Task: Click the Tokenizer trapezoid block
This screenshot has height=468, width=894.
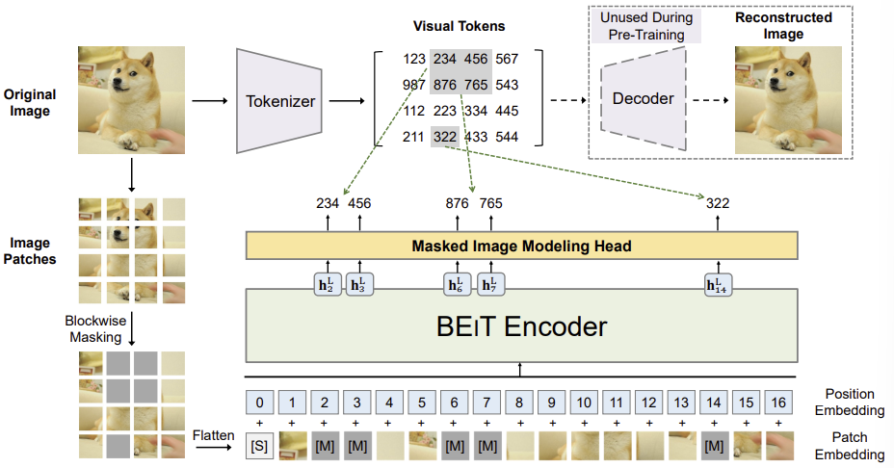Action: pyautogui.click(x=279, y=101)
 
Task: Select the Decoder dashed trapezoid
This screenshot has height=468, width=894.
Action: pyautogui.click(x=644, y=99)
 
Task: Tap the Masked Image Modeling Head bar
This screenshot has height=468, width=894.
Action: pyautogui.click(x=521, y=246)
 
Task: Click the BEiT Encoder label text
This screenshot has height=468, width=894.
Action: pyautogui.click(x=521, y=326)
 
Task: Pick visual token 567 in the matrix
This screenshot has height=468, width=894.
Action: pyautogui.click(x=507, y=59)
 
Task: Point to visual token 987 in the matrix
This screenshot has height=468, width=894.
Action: pyautogui.click(x=414, y=85)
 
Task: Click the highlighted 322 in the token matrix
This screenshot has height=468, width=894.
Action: pyautogui.click(x=445, y=137)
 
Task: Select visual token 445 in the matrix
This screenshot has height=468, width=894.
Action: pyautogui.click(x=507, y=111)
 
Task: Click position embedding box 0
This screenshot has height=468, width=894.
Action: pyautogui.click(x=259, y=403)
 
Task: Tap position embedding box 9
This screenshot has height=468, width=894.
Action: pyautogui.click(x=551, y=403)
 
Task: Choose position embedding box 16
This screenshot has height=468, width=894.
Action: pyautogui.click(x=778, y=403)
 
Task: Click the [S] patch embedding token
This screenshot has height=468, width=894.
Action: pyautogui.click(x=259, y=446)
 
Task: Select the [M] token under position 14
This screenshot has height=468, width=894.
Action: pyautogui.click(x=713, y=446)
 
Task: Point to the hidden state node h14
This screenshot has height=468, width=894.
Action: pyautogui.click(x=718, y=284)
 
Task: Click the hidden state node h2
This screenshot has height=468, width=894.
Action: pyautogui.click(x=328, y=284)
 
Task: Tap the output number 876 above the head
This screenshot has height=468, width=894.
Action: pyautogui.click(x=457, y=203)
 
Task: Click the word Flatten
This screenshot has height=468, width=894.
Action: pyautogui.click(x=213, y=435)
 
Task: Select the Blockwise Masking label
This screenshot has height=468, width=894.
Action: pyautogui.click(x=95, y=329)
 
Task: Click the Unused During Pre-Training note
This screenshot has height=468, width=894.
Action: pyautogui.click(x=646, y=26)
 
